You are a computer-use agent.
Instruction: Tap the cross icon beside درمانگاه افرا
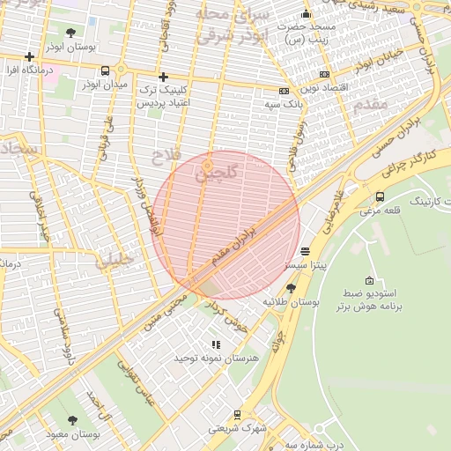pyautogui.click(x=29, y=57)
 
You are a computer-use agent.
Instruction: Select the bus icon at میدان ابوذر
pyautogui.click(x=106, y=71)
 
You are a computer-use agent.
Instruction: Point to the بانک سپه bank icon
pyautogui.click(x=285, y=91)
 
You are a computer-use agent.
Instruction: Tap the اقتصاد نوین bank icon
pyautogui.click(x=325, y=75)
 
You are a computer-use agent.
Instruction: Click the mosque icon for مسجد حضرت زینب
pyautogui.click(x=306, y=13)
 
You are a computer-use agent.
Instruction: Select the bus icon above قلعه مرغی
pyautogui.click(x=380, y=196)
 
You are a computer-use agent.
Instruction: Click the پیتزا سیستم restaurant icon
pyautogui.click(x=305, y=251)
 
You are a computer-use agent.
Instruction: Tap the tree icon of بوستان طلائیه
pyautogui.click(x=291, y=288)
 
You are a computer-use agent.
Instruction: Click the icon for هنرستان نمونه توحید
pyautogui.click(x=216, y=345)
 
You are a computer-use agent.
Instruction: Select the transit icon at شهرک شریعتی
pyautogui.click(x=237, y=414)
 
